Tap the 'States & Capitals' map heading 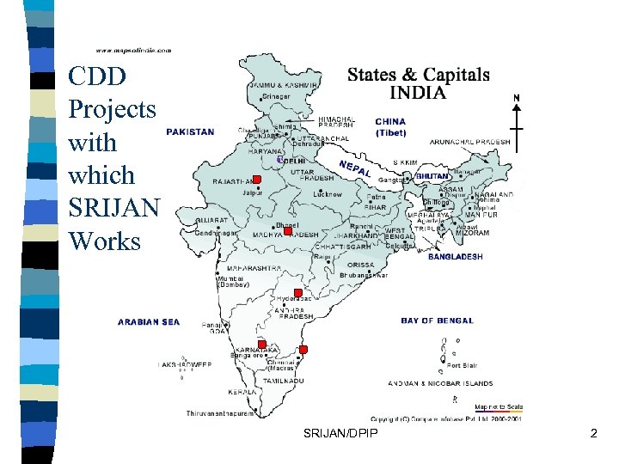pos(418,75)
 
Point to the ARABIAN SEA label pos(149,322)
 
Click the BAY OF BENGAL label pos(437,321)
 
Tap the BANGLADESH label pos(455,256)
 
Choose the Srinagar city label pos(276,97)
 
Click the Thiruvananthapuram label pos(221,413)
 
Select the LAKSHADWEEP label pos(185,364)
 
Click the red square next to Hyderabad pos(297,293)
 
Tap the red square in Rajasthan pos(256,180)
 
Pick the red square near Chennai pos(303,350)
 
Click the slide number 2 pos(593,435)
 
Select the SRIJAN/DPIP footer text pos(340,435)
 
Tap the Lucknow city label pos(327,195)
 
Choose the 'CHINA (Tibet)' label pos(390,128)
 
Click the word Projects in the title pos(112,109)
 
